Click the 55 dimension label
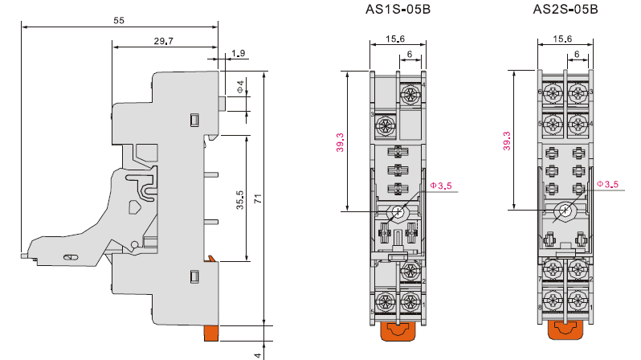tap(119, 20)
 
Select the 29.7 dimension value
tap(164, 41)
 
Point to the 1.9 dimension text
tap(238, 53)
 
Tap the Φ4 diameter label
tap(241, 86)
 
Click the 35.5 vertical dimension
tap(240, 199)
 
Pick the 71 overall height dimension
tap(258, 199)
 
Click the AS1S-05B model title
tap(398, 9)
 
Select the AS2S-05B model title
tap(565, 9)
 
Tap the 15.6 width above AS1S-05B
tap(395, 39)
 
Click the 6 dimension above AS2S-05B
tap(577, 54)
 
